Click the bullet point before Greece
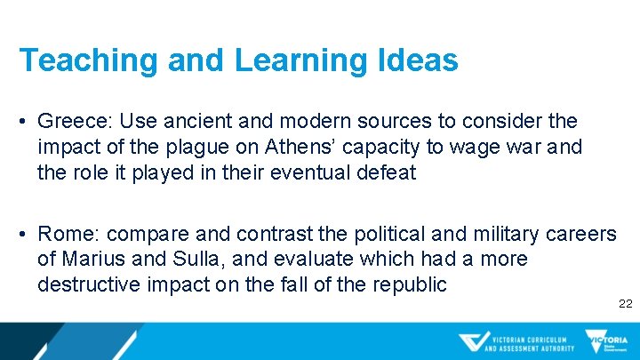[26, 121]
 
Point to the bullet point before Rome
[26, 235]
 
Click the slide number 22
[625, 304]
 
